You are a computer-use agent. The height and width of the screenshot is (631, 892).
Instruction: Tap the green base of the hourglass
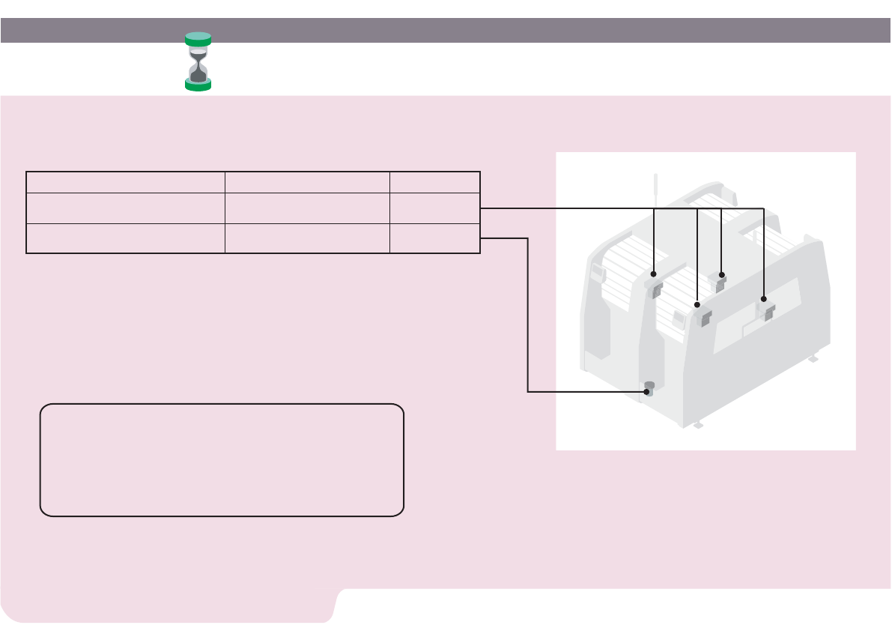198,85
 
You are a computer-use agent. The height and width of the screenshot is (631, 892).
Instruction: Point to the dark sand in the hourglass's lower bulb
198,74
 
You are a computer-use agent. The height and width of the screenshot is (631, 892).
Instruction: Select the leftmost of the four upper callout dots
655,274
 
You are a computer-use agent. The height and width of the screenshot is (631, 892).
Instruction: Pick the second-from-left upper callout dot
697,305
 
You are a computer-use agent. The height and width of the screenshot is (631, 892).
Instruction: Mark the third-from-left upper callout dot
721,274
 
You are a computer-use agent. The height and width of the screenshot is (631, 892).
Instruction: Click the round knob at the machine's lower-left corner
649,387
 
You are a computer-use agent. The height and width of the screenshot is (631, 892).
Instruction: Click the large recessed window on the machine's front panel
775,315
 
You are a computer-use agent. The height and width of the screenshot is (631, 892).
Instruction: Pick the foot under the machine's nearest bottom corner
697,425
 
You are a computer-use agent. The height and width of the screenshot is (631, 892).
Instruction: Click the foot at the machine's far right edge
812,359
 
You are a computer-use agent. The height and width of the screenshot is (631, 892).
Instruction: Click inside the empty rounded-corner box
222,460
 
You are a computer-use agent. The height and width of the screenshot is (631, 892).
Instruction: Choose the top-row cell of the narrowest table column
434,182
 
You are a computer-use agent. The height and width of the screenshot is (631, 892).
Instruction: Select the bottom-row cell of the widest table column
126,238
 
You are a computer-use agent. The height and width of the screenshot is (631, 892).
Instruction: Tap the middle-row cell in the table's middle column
307,208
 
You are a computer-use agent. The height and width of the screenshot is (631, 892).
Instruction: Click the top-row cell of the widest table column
126,182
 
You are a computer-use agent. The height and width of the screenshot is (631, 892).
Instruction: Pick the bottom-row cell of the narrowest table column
434,238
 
